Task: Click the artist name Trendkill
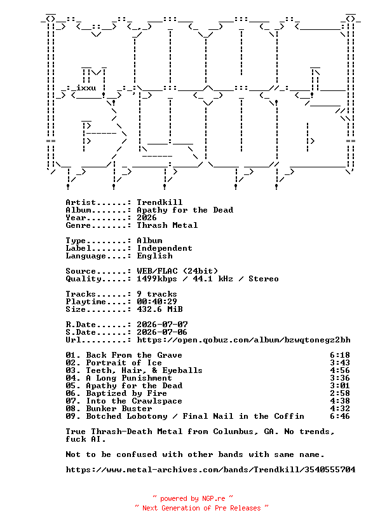(159, 202)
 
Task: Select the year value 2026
(147, 218)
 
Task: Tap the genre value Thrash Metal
(167, 225)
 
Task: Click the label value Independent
(165, 248)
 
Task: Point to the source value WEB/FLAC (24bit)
(177, 271)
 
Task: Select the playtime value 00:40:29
(157, 302)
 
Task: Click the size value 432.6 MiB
(159, 309)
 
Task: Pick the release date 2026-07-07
(162, 325)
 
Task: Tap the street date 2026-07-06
(162, 332)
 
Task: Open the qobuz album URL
(243, 340)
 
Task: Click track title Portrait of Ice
(124, 363)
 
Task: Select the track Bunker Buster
(119, 409)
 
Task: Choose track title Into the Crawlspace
(134, 401)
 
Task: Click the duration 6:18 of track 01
(340, 355)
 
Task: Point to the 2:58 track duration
(340, 393)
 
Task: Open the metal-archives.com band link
(210, 470)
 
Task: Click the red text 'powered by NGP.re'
(193, 498)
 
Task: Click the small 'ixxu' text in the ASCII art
(86, 88)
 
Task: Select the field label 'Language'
(86, 256)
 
